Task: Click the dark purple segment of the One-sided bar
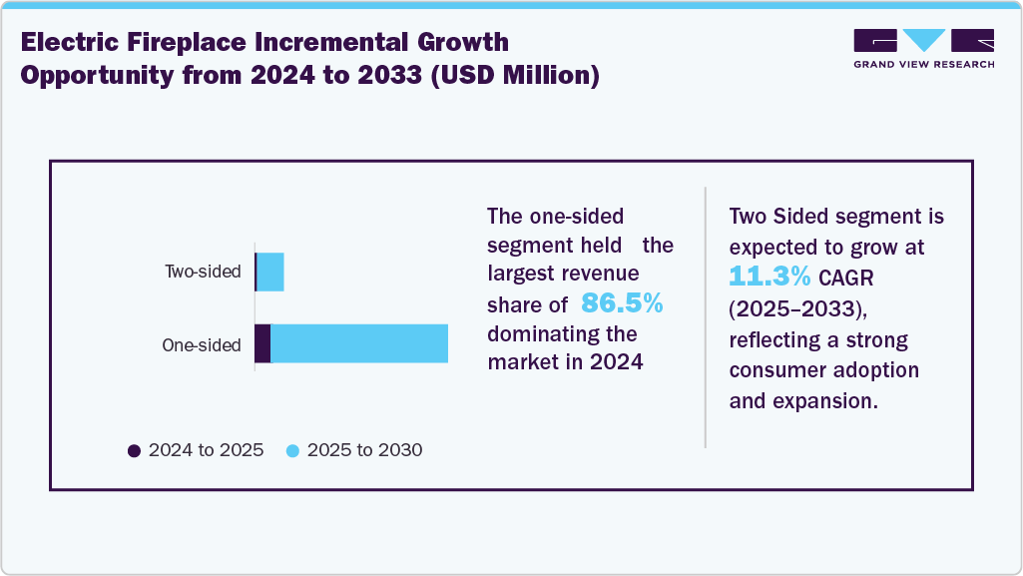coord(262,343)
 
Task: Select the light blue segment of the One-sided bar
coord(359,343)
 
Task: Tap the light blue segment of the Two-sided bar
coord(270,273)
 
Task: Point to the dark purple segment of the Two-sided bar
coord(256,273)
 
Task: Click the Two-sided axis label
coord(203,272)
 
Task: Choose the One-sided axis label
coord(202,345)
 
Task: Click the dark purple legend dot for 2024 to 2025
coord(135,451)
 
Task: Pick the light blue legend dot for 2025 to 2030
coord(292,451)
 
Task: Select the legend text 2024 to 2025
coord(206,450)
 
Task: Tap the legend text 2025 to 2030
coord(364,450)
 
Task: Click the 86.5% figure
coord(622,303)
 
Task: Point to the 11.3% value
coord(769,276)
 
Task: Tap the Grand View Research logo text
coord(923,64)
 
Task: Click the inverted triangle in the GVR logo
coord(923,40)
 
